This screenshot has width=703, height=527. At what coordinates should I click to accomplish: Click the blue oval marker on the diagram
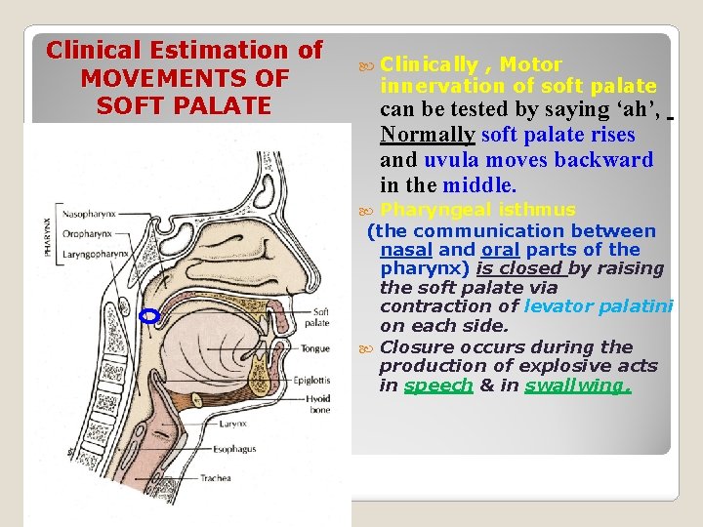[149, 316]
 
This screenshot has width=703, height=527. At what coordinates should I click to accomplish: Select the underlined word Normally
[430, 135]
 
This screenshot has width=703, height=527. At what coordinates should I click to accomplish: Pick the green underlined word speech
[438, 385]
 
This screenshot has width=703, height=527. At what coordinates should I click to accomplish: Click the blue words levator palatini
[598, 306]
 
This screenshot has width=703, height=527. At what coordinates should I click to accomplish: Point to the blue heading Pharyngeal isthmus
[477, 210]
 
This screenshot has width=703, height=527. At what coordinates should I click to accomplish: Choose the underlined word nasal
[405, 250]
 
